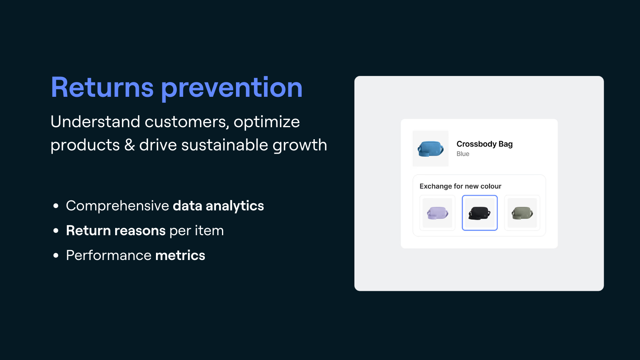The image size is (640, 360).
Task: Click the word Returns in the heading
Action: (x=102, y=87)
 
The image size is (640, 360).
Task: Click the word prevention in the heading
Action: (x=232, y=88)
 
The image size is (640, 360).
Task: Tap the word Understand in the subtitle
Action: (x=95, y=122)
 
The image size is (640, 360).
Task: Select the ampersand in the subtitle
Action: (x=130, y=144)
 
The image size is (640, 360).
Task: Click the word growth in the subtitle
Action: (x=300, y=146)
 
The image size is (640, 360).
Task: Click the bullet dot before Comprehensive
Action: (x=56, y=206)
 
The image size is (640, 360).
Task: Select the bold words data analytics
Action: (x=218, y=206)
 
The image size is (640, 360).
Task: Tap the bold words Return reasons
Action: (x=116, y=230)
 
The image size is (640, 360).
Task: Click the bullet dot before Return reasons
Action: (x=56, y=230)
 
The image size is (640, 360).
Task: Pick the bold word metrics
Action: (x=180, y=255)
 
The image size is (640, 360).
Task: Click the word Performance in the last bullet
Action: (x=108, y=255)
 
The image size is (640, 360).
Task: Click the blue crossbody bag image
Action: (x=430, y=148)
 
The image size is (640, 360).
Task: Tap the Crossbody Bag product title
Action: (x=484, y=144)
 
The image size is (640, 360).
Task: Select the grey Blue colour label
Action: (x=463, y=154)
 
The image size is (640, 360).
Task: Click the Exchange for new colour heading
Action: (x=460, y=186)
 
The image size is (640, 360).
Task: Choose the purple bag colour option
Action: (x=437, y=213)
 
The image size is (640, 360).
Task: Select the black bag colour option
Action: (x=480, y=213)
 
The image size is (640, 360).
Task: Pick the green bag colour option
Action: (x=522, y=213)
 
